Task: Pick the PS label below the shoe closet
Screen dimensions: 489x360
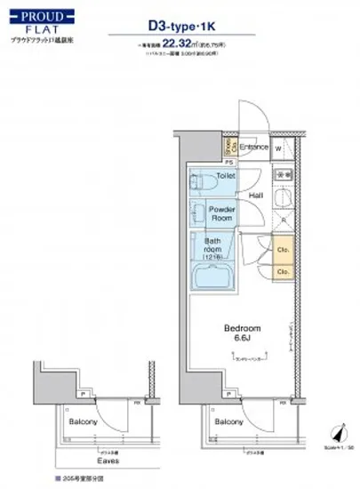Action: (x=228, y=162)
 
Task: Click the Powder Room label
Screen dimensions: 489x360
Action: (x=220, y=213)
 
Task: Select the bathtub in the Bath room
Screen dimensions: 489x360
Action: (x=209, y=275)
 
